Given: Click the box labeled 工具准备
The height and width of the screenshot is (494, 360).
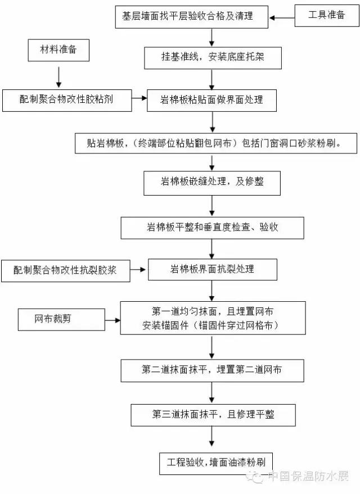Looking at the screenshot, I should pos(327,16).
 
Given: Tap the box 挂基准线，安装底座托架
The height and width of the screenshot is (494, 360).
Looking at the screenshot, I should pos(211,57).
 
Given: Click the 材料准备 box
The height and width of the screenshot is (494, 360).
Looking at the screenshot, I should pos(58,51).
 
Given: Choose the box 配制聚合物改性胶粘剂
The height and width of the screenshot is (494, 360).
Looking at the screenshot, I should pos(66,100).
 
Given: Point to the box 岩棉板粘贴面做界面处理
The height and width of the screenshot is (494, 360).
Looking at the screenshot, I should pos(212,100).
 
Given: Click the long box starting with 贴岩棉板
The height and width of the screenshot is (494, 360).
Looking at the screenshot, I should pos(214,143).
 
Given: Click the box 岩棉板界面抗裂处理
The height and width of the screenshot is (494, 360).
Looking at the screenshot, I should pos(212,269).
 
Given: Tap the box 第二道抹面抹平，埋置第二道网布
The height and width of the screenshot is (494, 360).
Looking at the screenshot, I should pos(212,370).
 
